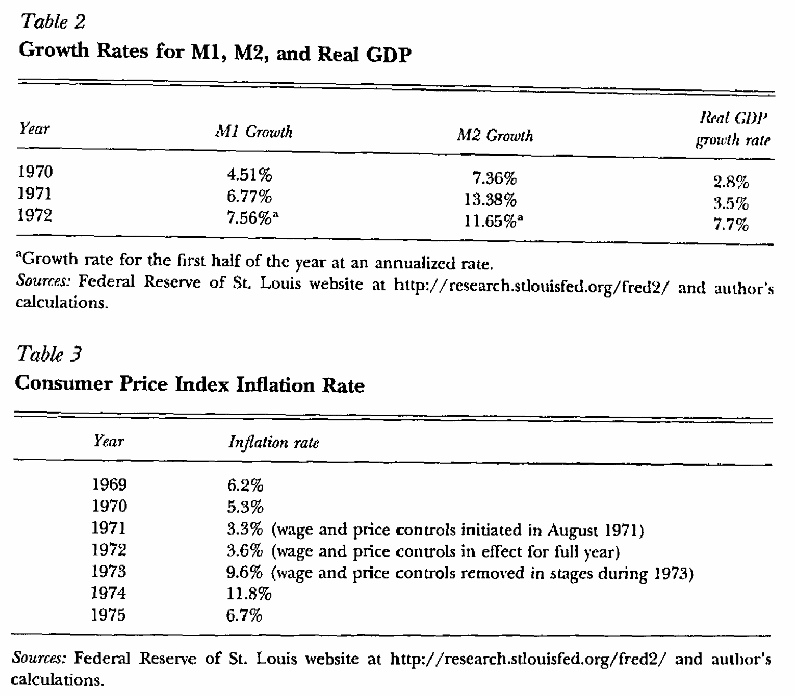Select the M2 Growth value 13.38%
[490, 199]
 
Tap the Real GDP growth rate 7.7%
[730, 225]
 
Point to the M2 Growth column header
[495, 136]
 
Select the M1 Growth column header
[254, 132]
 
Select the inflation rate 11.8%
[249, 594]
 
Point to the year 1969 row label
[109, 485]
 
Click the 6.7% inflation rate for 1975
[244, 616]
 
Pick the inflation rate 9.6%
[244, 572]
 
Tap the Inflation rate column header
[274, 443]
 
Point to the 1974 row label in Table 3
[109, 593]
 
